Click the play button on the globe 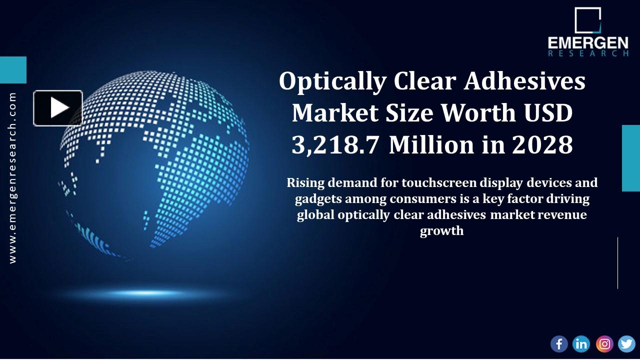pos(58,108)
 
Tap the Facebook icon pos(559,344)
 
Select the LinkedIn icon pos(581,344)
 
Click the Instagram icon pos(604,344)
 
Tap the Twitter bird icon pos(626,344)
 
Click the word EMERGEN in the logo pos(587,43)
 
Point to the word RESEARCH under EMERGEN pos(587,53)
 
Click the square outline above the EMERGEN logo pos(587,20)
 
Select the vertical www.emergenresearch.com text pos(12,177)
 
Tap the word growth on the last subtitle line pos(441,231)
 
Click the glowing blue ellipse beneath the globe pos(145,292)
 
